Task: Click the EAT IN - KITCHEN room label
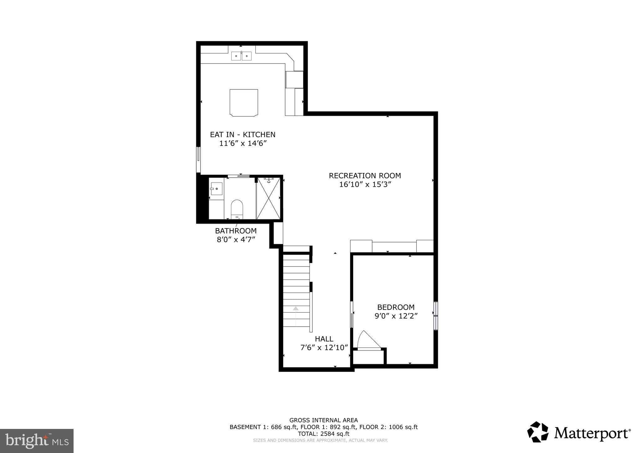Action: click(243, 135)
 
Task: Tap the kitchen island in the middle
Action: click(244, 103)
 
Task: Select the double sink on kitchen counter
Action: click(241, 56)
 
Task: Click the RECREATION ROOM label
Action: click(365, 176)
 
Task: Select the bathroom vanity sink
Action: click(216, 189)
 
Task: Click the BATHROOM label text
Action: click(236, 231)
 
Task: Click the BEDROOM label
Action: click(396, 307)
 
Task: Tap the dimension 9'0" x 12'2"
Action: click(396, 316)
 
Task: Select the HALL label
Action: click(324, 339)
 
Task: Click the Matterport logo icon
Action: click(538, 432)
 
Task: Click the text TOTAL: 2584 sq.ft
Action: click(324, 434)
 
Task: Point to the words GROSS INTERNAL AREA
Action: click(324, 420)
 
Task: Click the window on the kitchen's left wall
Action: click(198, 159)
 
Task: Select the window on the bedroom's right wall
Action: click(435, 316)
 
